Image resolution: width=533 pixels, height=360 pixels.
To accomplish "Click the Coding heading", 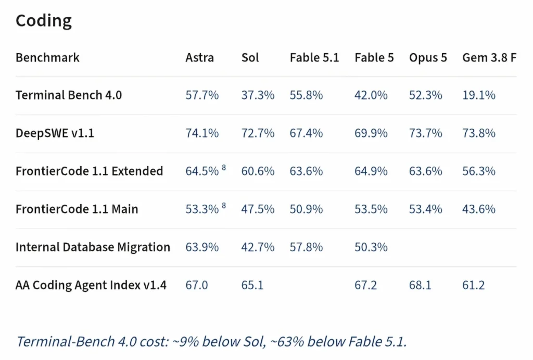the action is (x=44, y=21).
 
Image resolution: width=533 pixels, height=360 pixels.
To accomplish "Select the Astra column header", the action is (x=199, y=57).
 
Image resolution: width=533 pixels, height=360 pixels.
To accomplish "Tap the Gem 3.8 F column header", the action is (x=489, y=57).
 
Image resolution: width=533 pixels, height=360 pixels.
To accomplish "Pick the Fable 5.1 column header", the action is (x=314, y=57).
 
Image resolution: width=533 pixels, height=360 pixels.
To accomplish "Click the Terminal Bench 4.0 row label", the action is (x=69, y=95).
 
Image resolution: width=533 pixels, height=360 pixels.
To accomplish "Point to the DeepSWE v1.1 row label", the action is (x=55, y=133).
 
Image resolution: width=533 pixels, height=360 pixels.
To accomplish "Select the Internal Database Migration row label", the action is (x=93, y=247).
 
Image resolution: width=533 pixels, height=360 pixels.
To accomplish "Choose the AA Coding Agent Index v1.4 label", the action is (x=91, y=285).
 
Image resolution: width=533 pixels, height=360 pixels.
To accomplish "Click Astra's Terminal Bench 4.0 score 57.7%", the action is (x=202, y=95).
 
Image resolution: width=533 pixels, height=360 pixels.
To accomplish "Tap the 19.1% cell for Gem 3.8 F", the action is (x=479, y=95).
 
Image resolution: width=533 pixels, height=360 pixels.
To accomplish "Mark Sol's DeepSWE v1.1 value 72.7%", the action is (x=258, y=133).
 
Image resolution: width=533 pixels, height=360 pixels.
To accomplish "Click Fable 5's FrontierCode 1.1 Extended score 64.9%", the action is (x=371, y=171).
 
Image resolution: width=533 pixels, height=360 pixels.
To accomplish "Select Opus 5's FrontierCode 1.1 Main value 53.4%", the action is (x=426, y=209).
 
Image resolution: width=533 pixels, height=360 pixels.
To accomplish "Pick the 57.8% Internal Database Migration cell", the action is (x=306, y=247).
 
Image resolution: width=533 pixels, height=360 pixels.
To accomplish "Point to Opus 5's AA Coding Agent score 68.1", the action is (x=420, y=285).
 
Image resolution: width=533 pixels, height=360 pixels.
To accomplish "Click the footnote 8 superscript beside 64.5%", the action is (x=224, y=167).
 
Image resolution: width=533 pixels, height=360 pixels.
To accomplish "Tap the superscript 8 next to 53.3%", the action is (x=224, y=205).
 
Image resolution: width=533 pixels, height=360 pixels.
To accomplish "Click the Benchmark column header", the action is (x=47, y=57).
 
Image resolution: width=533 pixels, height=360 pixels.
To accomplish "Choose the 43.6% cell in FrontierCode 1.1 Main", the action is (x=479, y=209).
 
